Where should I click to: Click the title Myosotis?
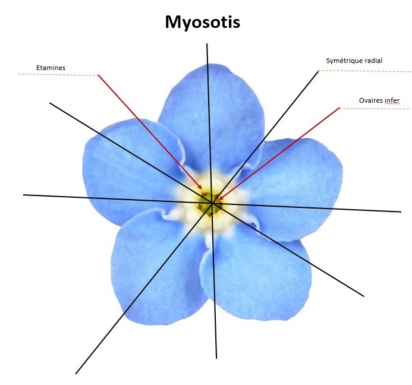(202, 23)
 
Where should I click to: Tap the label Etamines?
(51, 68)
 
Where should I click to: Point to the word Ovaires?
(371, 100)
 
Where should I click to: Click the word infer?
(392, 100)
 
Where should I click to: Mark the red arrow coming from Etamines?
(149, 131)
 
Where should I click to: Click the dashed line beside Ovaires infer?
(375, 108)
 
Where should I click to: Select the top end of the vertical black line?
(207, 45)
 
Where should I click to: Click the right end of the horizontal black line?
(400, 211)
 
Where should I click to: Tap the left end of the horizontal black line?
(24, 194)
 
